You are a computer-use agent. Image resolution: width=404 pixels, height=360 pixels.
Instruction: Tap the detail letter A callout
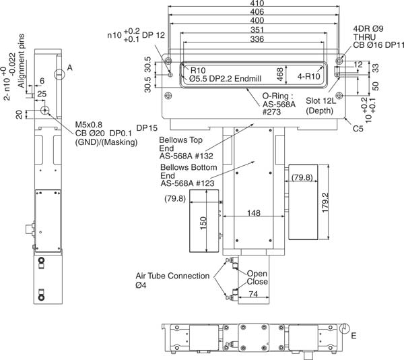(x=69, y=67)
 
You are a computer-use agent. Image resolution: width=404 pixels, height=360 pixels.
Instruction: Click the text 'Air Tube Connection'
(x=172, y=276)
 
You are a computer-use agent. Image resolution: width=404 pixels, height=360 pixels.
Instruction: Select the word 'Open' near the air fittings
(x=257, y=273)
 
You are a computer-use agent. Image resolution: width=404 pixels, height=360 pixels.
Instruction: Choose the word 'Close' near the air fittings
(x=257, y=282)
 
